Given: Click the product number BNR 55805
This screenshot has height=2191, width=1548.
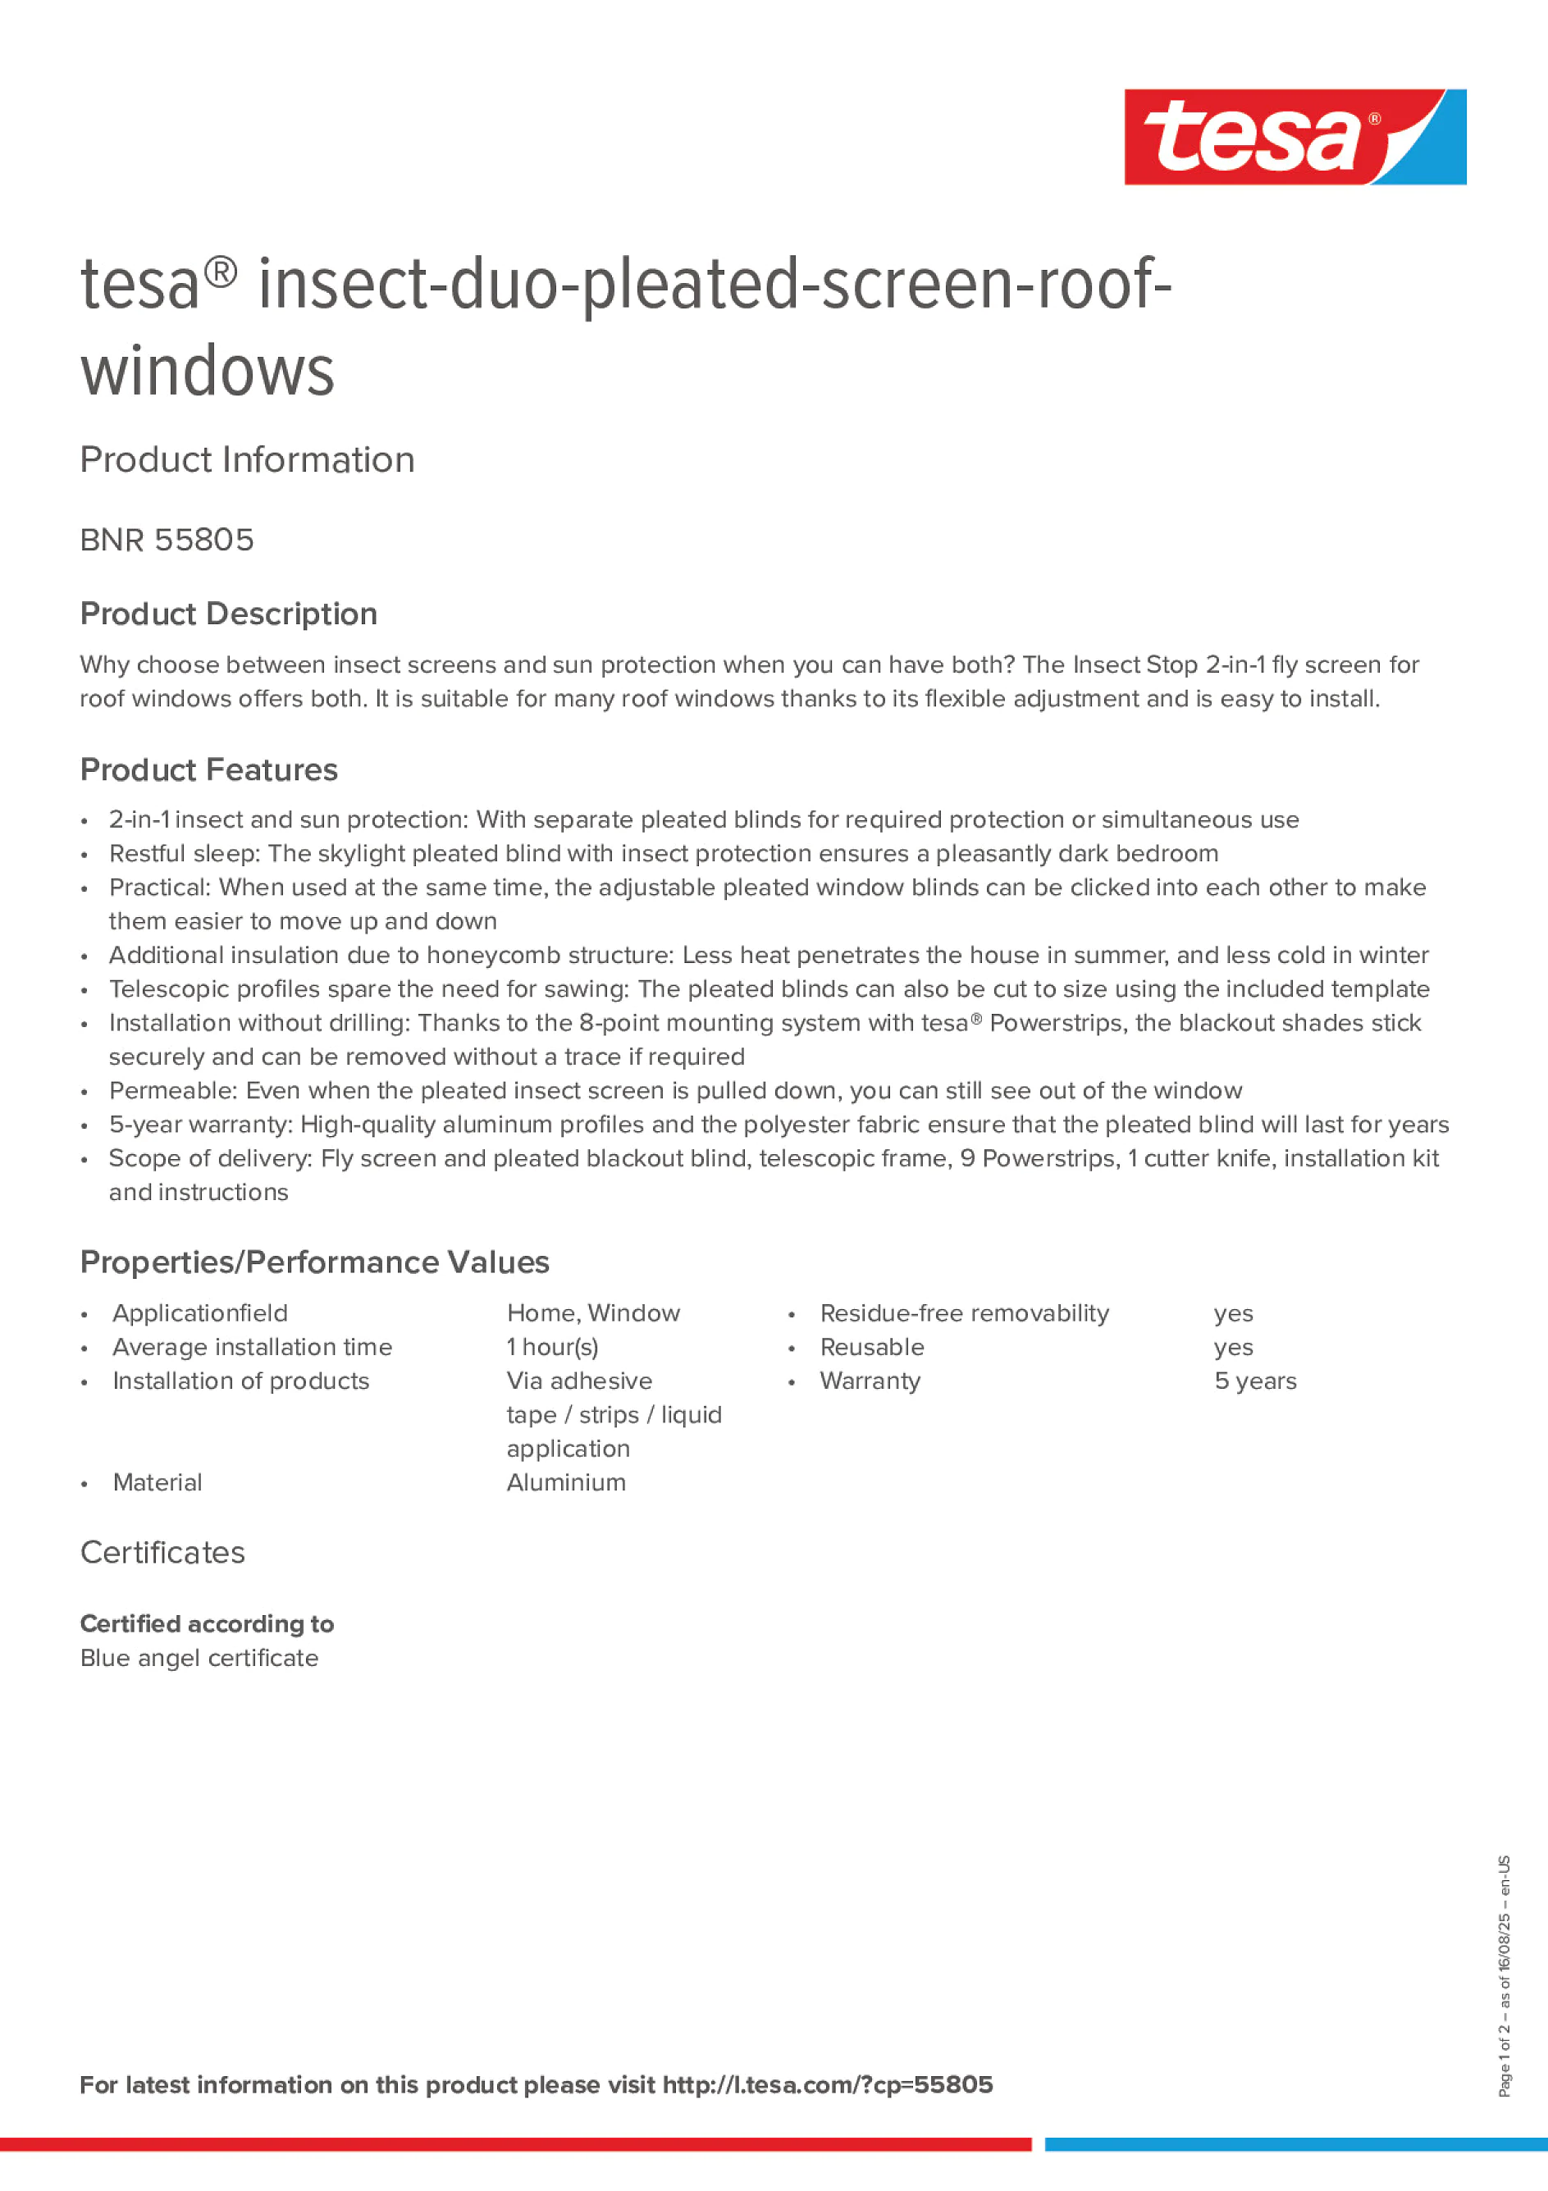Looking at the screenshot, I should [167, 540].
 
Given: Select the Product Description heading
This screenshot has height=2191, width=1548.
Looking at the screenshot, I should [228, 614].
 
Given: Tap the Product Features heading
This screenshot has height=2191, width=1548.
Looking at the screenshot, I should [208, 770].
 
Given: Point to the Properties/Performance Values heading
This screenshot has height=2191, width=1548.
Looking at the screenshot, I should [314, 1262].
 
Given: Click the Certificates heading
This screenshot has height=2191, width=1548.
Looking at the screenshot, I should [162, 1553].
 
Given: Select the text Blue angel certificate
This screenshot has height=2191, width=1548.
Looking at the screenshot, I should [199, 1658].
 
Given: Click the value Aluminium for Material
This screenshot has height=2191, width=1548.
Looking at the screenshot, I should [566, 1482].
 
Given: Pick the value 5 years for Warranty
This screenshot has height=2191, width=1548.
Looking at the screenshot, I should [1255, 1381].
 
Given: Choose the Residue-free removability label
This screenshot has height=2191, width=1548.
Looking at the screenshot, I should [964, 1313].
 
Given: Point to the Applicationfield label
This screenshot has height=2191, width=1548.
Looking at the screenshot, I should [199, 1313].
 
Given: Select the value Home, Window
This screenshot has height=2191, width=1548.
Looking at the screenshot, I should [592, 1313].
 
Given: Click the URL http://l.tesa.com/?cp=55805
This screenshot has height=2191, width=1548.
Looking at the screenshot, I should [828, 2084].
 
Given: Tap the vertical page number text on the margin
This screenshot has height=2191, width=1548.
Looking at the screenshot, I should [1504, 1974].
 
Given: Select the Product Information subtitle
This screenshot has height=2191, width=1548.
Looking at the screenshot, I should [247, 460].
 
